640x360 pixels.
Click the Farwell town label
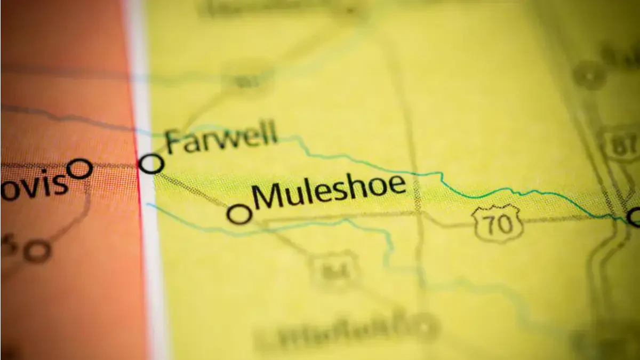(222, 137)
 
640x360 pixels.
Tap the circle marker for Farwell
(151, 163)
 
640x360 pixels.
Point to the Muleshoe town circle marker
(239, 214)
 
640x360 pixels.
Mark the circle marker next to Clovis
(80, 169)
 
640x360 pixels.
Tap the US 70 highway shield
(497, 223)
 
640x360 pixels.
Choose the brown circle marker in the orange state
(38, 251)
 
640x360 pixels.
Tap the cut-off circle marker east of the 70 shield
(634, 217)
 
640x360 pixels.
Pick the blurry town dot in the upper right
(589, 75)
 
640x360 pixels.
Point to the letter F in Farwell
(173, 143)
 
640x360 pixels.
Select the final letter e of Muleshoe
(396, 186)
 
